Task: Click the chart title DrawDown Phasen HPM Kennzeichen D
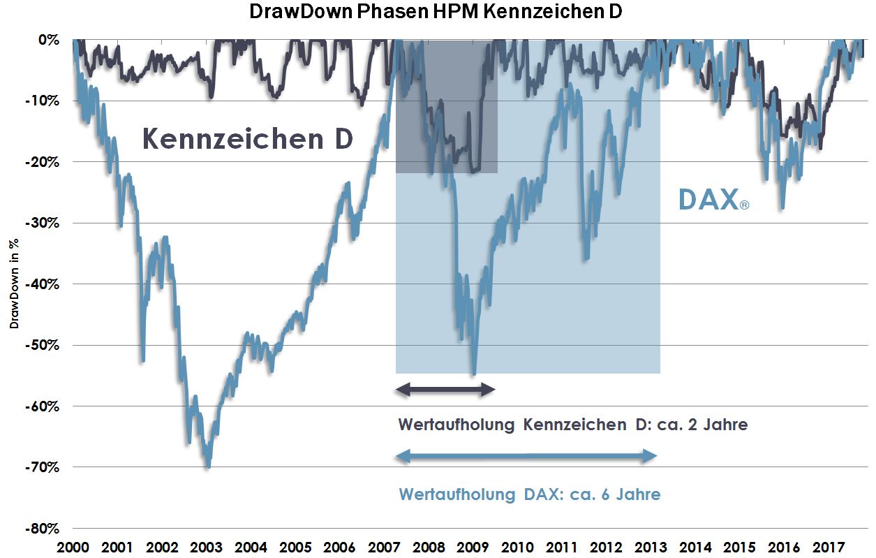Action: (x=438, y=12)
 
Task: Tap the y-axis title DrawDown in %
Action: (x=13, y=284)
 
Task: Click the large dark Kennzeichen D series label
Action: (x=248, y=139)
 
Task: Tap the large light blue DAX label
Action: (x=708, y=200)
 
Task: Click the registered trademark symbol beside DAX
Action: (x=744, y=206)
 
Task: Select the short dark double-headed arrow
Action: (x=445, y=391)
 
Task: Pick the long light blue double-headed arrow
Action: (x=526, y=457)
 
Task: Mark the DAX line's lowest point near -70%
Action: (x=208, y=467)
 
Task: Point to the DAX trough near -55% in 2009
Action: (x=474, y=374)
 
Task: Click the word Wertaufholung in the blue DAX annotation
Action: (x=456, y=494)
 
